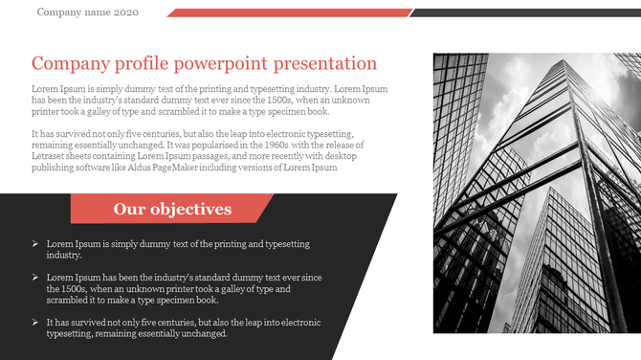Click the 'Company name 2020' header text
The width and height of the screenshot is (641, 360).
(87, 12)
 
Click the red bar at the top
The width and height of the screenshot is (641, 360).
(287, 12)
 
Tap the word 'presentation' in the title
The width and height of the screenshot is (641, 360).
(325, 64)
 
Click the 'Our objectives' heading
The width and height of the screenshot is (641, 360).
(172, 209)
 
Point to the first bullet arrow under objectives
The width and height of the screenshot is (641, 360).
(35, 245)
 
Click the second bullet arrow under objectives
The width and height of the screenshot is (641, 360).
(35, 278)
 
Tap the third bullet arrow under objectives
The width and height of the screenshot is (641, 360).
(35, 323)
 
